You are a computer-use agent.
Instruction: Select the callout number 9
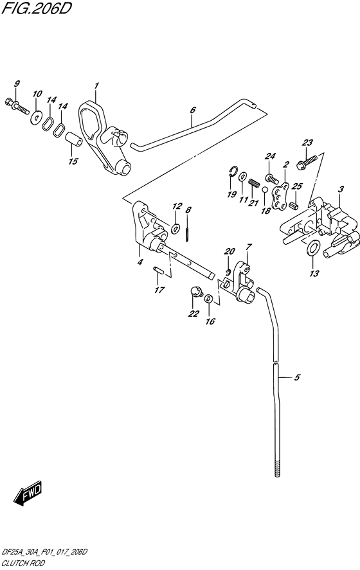pos(17,84)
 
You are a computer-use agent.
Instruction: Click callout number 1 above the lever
pos(96,85)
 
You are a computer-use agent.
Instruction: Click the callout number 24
pos(270,156)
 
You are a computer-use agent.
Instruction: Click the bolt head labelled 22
pos(193,293)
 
